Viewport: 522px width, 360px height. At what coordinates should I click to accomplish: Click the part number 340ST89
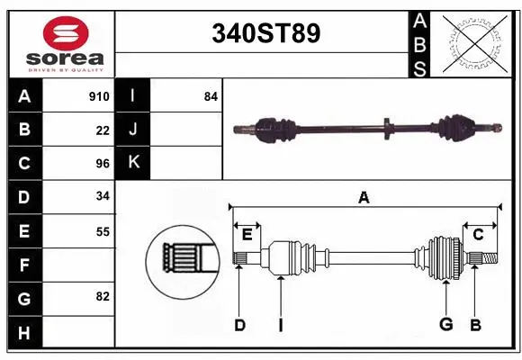(265, 34)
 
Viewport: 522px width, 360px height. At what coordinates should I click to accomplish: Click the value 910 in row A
(99, 96)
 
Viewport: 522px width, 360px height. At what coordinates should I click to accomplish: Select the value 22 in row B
(102, 130)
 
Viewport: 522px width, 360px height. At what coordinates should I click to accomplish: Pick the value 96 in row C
(102, 164)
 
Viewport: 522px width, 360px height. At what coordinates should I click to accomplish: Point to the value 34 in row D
(102, 197)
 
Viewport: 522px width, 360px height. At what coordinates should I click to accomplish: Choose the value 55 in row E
(102, 231)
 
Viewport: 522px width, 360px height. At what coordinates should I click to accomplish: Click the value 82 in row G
(102, 296)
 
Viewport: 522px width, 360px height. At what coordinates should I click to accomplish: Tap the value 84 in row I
(211, 96)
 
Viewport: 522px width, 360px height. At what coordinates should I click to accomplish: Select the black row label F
(24, 265)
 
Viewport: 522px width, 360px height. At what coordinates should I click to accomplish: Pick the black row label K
(133, 163)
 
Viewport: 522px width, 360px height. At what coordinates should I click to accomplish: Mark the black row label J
(133, 130)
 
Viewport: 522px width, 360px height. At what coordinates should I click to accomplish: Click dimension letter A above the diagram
(364, 197)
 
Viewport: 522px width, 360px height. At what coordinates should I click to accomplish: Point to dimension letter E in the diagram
(247, 234)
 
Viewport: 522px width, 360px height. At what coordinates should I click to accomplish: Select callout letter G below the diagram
(445, 325)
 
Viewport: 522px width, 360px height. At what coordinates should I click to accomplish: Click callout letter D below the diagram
(239, 325)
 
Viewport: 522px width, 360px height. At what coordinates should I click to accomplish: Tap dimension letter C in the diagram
(478, 234)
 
